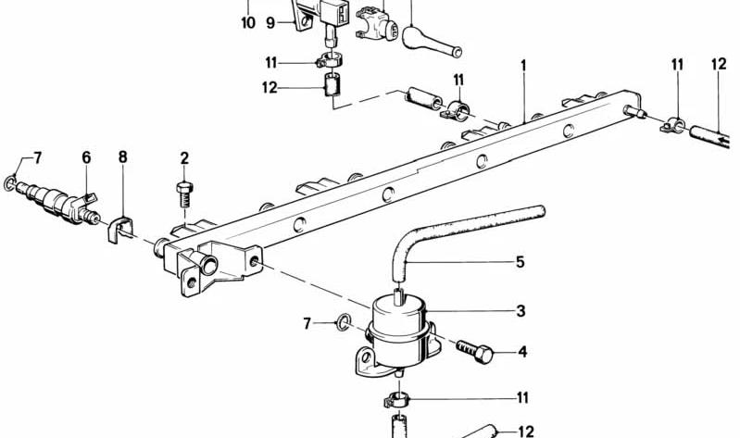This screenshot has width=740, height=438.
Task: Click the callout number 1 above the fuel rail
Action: click(523, 66)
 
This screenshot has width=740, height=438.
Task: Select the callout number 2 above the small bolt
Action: click(184, 158)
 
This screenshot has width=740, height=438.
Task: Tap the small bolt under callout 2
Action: click(184, 194)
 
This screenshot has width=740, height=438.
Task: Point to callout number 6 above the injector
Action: click(86, 157)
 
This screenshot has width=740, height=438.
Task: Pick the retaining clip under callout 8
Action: click(119, 230)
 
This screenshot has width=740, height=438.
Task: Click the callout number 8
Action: click(122, 156)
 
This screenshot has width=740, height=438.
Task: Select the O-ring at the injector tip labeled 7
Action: click(9, 183)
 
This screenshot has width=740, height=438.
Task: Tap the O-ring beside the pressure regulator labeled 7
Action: click(342, 323)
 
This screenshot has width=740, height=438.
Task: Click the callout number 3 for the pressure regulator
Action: click(521, 311)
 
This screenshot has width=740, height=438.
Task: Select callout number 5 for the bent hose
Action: click(521, 262)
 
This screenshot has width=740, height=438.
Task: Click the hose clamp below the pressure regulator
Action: click(396, 402)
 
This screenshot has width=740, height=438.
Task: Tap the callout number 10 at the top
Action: click(248, 22)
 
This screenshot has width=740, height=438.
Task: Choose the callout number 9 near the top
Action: click(270, 22)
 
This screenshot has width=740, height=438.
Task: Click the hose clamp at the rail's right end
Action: click(673, 126)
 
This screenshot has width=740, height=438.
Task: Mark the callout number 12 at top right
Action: click(719, 64)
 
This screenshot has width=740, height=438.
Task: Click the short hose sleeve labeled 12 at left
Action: click(332, 84)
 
